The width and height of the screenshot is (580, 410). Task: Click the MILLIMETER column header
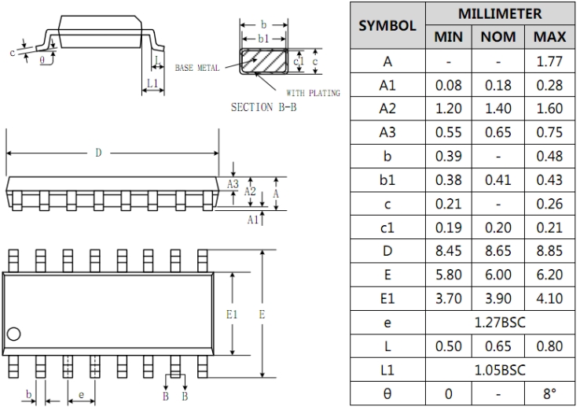pyautogui.click(x=500, y=14)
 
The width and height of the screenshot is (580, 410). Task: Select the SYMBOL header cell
pyautogui.click(x=387, y=25)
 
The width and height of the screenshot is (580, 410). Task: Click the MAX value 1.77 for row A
pyautogui.click(x=549, y=61)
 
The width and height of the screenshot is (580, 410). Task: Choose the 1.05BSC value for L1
pyautogui.click(x=500, y=369)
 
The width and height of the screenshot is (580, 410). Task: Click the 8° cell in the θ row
pyautogui.click(x=549, y=393)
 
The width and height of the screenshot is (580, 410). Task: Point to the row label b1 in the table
pyautogui.click(x=387, y=179)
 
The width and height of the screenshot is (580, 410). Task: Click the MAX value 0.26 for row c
pyautogui.click(x=549, y=203)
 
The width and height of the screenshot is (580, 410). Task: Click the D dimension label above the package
pyautogui.click(x=99, y=153)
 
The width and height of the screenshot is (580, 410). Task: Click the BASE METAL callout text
pyautogui.click(x=196, y=68)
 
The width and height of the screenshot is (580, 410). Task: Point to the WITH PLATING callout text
pyautogui.click(x=314, y=94)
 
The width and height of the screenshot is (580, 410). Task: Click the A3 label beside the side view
pyautogui.click(x=233, y=183)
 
